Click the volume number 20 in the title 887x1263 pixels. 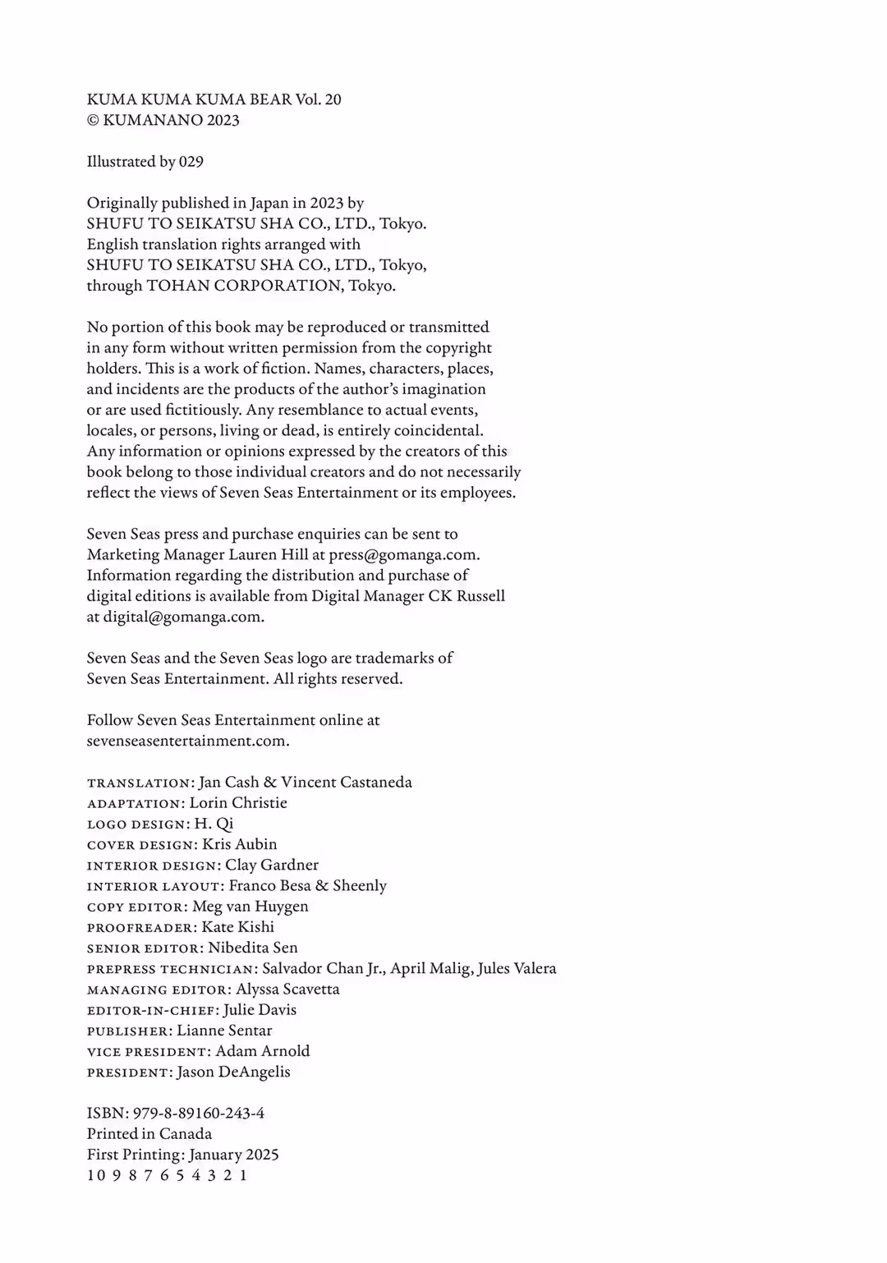pos(333,99)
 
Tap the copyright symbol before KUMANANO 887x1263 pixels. pos(93,121)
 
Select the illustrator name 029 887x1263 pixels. pos(191,162)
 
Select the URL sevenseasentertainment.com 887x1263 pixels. pos(187,741)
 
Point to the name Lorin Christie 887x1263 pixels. pos(238,803)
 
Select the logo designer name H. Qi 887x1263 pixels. pos(214,824)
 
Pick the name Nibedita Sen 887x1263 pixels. pos(253,948)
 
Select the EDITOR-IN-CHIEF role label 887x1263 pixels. pos(153,1011)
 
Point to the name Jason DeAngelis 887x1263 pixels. pos(233,1072)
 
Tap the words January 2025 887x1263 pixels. pos(234,1155)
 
